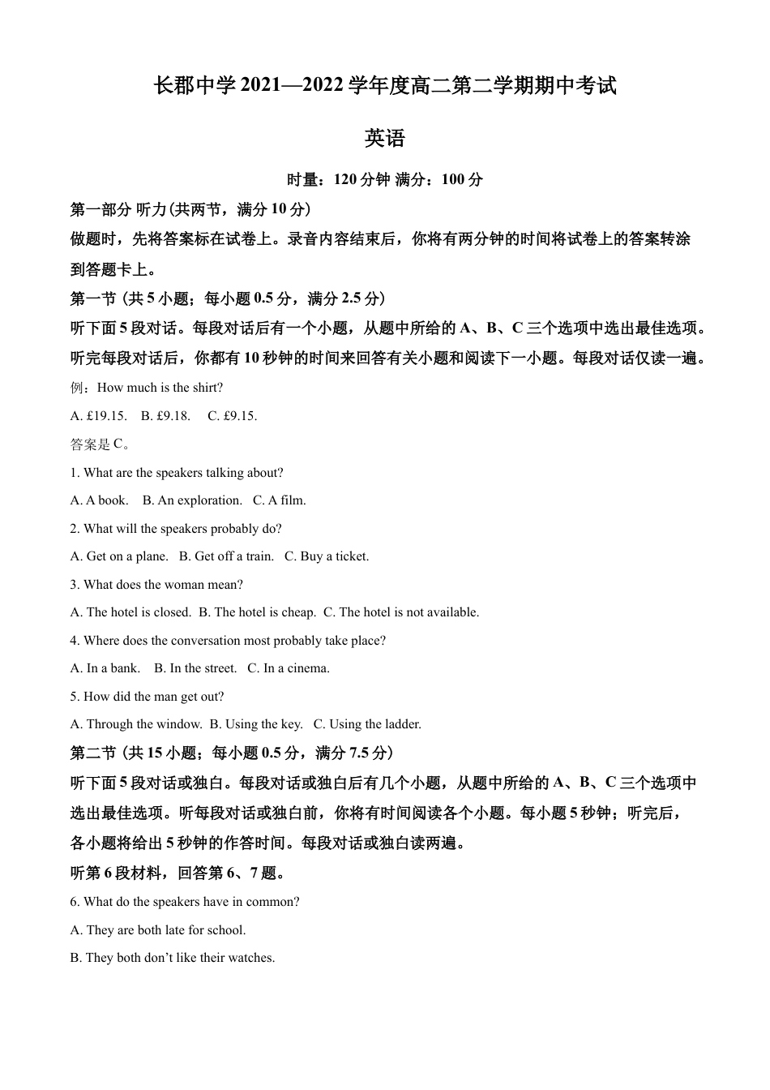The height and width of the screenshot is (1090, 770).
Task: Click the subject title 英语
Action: [384, 139]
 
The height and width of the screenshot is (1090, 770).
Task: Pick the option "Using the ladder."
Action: [374, 724]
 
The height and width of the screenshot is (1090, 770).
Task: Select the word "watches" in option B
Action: [249, 958]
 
